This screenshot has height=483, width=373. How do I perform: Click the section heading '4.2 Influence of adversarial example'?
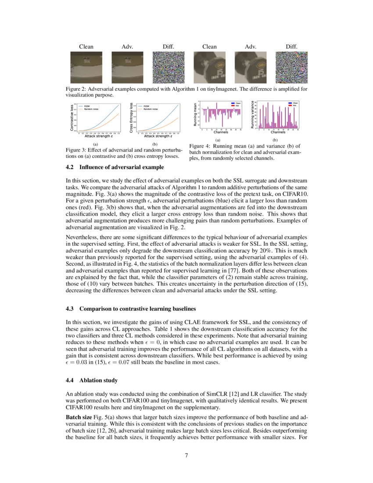pos(115,167)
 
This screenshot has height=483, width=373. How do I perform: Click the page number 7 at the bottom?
pos(186,455)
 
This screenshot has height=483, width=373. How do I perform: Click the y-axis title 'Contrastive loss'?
pos(72,117)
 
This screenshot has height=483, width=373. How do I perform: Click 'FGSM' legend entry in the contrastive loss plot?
pos(88,106)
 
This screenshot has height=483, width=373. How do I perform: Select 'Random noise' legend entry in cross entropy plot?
pos(151,108)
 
